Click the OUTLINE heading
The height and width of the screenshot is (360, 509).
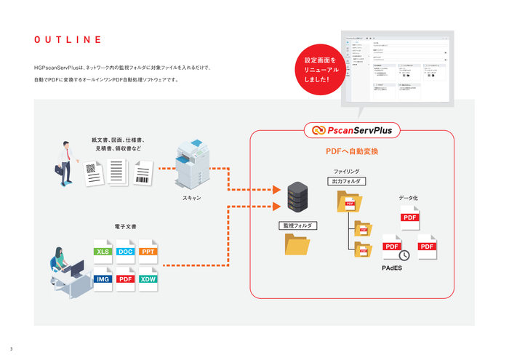(x=67, y=39)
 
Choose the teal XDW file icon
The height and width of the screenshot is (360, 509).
(x=148, y=279)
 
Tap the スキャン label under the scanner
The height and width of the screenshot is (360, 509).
(x=192, y=197)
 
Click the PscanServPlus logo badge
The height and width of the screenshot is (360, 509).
(x=352, y=131)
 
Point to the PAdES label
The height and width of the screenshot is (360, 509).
(x=392, y=268)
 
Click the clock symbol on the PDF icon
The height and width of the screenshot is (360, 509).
(x=404, y=255)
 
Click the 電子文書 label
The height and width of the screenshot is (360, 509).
(x=126, y=227)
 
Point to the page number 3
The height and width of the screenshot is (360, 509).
(x=11, y=348)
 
